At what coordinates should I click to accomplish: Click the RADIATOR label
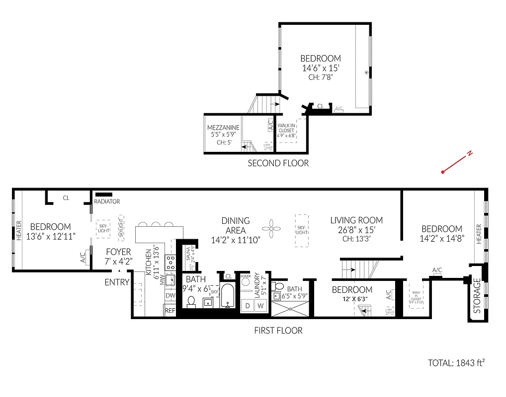pyautogui.click(x=107, y=201)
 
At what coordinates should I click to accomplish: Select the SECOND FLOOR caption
pyautogui.click(x=278, y=163)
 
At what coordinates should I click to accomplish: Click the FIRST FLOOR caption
pyautogui.click(x=278, y=330)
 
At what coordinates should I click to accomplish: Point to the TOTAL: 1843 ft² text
pyautogui.click(x=456, y=363)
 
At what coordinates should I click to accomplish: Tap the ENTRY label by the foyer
pyautogui.click(x=117, y=282)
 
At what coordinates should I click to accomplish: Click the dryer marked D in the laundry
pyautogui.click(x=248, y=306)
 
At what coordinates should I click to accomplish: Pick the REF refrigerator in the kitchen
pyautogui.click(x=170, y=311)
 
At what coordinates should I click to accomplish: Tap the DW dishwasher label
pyautogui.click(x=170, y=295)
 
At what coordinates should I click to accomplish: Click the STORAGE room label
pyautogui.click(x=477, y=296)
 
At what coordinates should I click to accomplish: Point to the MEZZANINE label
pyautogui.click(x=223, y=128)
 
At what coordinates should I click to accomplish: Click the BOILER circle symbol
pyautogui.click(x=246, y=281)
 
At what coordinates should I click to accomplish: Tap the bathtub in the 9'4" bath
pyautogui.click(x=228, y=296)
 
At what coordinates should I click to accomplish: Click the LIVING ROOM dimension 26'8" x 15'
pyautogui.click(x=356, y=230)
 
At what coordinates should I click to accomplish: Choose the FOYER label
pyautogui.click(x=118, y=252)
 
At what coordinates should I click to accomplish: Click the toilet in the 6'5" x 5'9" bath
pyautogui.click(x=278, y=286)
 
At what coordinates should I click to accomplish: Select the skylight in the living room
pyautogui.click(x=301, y=230)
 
